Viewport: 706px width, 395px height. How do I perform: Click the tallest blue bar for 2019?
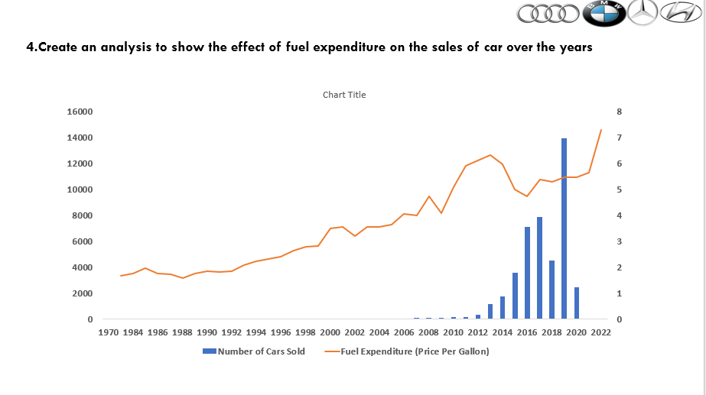[564, 229]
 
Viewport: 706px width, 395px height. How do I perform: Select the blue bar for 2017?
[539, 268]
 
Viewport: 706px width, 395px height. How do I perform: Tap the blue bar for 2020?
[576, 303]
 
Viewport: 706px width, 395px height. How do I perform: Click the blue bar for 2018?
[551, 290]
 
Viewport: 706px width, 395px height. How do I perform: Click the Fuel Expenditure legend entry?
[414, 351]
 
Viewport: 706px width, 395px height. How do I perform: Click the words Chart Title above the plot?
[344, 95]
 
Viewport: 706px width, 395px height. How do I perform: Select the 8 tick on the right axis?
[620, 112]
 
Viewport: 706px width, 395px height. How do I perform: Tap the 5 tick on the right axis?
[620, 189]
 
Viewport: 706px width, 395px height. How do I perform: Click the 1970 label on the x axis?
[109, 332]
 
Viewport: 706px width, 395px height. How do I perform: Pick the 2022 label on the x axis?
[600, 332]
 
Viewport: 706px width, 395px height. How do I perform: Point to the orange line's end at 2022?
[600, 130]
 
